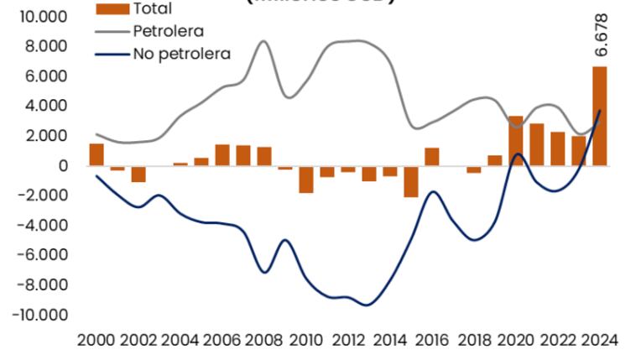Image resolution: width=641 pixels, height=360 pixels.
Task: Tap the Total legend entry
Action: click(152, 8)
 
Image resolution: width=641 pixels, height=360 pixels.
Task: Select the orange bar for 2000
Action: click(96, 154)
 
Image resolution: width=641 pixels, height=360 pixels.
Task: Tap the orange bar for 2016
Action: click(431, 157)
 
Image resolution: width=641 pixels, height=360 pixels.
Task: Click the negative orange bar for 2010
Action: click(305, 180)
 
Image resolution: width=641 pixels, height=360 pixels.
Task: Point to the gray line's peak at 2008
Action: click(263, 40)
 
